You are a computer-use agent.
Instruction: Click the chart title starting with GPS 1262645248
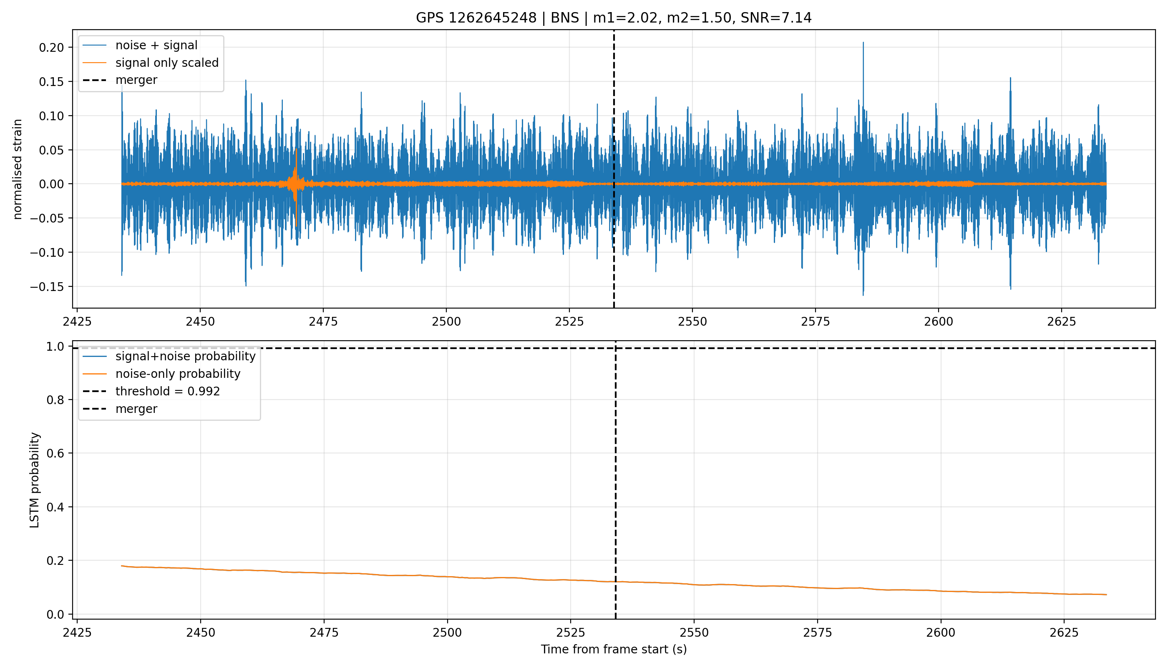(x=613, y=18)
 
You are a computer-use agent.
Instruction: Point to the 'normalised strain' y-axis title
(x=18, y=169)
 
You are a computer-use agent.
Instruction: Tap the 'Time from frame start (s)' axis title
(x=614, y=649)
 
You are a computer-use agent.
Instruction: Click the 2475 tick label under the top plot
(x=323, y=321)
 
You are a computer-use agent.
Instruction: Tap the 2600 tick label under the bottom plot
(x=941, y=633)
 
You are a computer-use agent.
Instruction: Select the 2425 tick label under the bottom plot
(x=77, y=633)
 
